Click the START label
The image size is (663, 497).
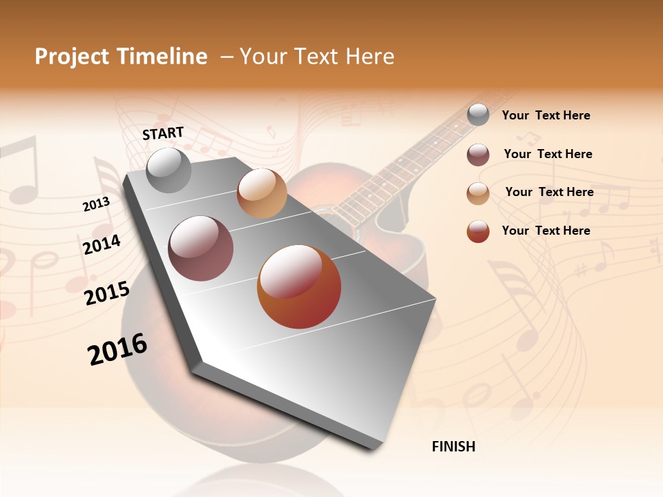163,133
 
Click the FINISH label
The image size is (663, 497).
453,447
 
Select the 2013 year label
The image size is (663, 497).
96,204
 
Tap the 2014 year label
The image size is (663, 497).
102,245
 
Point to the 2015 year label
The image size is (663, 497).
106,293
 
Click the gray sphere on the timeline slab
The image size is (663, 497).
169,170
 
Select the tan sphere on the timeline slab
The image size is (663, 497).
262,193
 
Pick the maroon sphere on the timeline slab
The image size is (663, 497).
201,248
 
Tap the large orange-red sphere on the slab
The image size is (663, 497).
299,286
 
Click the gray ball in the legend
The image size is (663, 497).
478,115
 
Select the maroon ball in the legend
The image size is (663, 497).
478,155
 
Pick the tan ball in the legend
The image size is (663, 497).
478,193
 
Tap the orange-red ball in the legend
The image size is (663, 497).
478,231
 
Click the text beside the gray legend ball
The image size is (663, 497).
546,115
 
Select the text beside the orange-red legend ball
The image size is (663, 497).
546,231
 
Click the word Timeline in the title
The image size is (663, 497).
162,57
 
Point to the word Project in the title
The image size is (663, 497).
71,57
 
